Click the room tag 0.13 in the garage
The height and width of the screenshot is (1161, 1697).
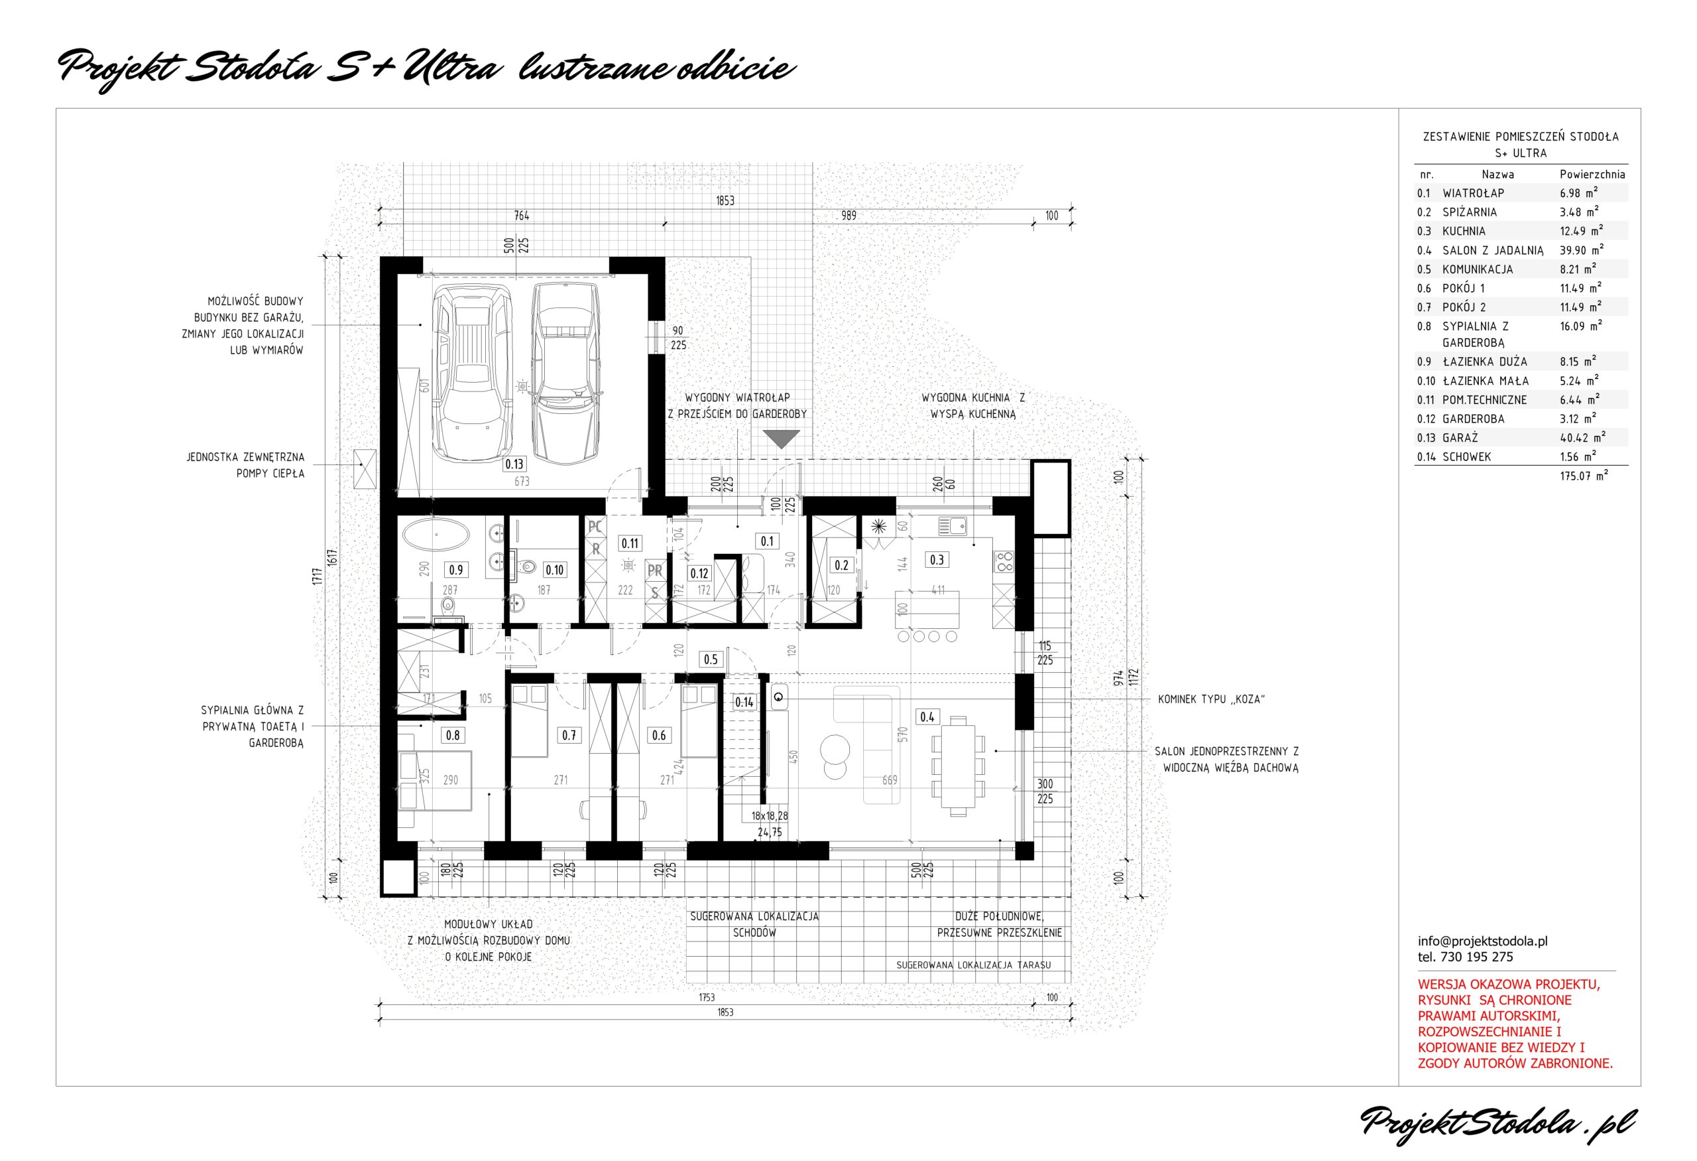coord(514,463)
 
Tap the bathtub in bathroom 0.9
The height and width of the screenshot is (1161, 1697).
coord(436,535)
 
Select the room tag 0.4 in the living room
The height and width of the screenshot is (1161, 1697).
coord(927,717)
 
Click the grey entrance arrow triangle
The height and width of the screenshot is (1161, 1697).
coord(782,439)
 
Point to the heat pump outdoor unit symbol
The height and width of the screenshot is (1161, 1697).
coord(365,468)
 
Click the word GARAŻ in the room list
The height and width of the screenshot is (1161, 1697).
coord(1460,438)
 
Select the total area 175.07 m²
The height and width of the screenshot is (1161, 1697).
coord(1584,476)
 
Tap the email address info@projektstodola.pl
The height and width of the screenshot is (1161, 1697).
coord(1483,941)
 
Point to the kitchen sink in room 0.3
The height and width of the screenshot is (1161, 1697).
coord(952,525)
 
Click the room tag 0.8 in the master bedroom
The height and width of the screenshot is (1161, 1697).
coord(453,735)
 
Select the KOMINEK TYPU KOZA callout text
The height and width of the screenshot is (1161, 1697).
coord(1210,699)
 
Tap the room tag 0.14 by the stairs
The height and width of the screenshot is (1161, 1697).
coord(744,702)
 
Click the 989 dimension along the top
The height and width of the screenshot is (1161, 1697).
coord(848,216)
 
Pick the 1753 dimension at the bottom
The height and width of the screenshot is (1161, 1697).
coord(706,997)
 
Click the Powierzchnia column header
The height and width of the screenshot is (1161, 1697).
coord(1592,174)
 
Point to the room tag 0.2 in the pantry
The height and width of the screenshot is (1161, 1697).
coord(841,565)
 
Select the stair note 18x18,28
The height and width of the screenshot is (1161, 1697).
coord(770,816)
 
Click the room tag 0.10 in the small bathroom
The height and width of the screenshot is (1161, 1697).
coord(554,570)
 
